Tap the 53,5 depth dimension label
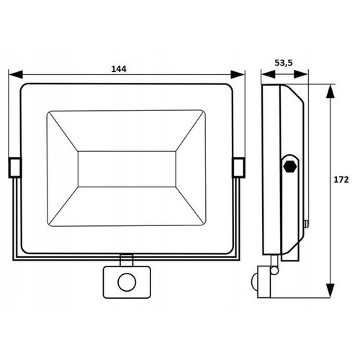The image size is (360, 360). tap(283, 63)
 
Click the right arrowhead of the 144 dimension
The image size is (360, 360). tap(241, 74)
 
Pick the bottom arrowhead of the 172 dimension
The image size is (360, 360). tap(330, 294)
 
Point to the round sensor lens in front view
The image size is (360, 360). tap(127, 280)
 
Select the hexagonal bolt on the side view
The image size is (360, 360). tap(289, 166)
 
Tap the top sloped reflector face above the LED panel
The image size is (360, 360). tap(125, 130)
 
